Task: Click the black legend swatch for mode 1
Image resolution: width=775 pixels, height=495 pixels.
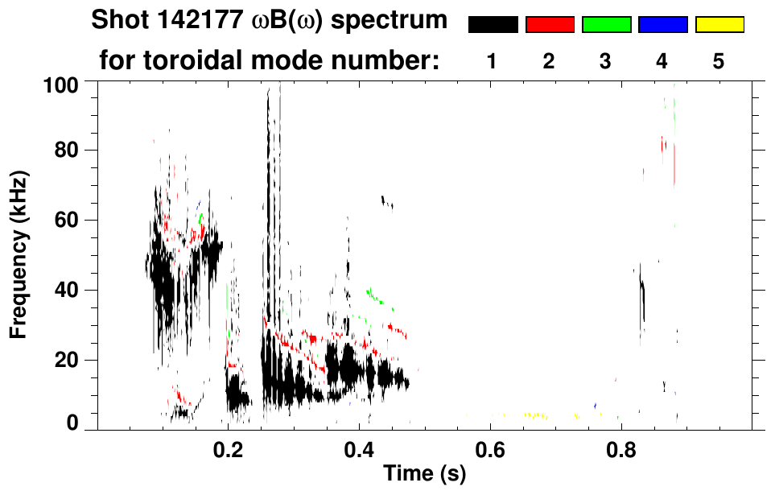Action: click(x=493, y=25)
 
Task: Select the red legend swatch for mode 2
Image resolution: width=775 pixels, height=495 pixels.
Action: click(x=550, y=25)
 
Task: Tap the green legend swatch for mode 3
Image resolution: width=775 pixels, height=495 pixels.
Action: click(x=606, y=25)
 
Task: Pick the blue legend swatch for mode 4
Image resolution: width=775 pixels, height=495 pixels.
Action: click(x=662, y=25)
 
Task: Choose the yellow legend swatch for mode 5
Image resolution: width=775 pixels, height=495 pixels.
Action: click(x=719, y=25)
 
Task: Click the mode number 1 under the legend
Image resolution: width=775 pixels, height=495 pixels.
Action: click(x=492, y=61)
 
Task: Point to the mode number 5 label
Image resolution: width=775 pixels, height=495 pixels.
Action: click(x=719, y=61)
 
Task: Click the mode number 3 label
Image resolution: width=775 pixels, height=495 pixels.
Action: click(x=605, y=61)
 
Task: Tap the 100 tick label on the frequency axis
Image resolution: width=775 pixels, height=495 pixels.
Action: click(x=61, y=83)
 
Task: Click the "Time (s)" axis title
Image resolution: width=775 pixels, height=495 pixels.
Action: click(x=424, y=475)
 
